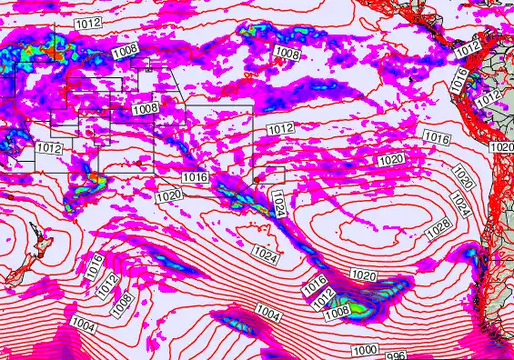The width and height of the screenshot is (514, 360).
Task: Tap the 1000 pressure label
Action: pos(365,350)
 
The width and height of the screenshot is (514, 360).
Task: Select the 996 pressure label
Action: pos(394,355)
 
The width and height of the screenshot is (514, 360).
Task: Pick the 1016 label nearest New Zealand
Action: pos(96,266)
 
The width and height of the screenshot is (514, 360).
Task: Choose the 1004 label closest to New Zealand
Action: pos(83,325)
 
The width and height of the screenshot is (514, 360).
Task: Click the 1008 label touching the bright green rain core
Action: pos(337,312)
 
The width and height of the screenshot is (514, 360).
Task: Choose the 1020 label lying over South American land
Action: pos(501,147)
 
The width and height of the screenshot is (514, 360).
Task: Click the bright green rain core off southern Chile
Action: pos(361,309)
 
